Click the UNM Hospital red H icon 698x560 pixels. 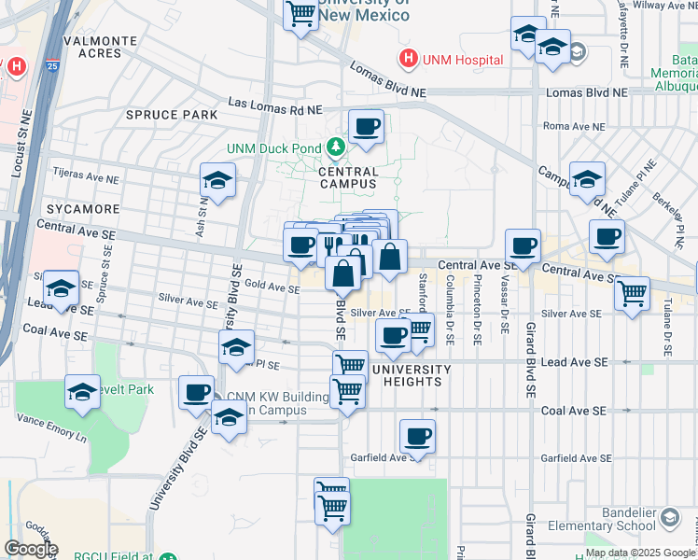(408, 60)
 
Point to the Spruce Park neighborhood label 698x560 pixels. (172, 115)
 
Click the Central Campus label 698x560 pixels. (348, 178)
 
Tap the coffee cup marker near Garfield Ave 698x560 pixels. (417, 436)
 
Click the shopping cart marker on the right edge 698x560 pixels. (632, 293)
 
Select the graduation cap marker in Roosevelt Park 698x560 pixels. (82, 392)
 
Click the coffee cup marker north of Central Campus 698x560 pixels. (366, 126)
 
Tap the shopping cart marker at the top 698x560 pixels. (300, 15)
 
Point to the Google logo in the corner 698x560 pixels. (30, 549)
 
